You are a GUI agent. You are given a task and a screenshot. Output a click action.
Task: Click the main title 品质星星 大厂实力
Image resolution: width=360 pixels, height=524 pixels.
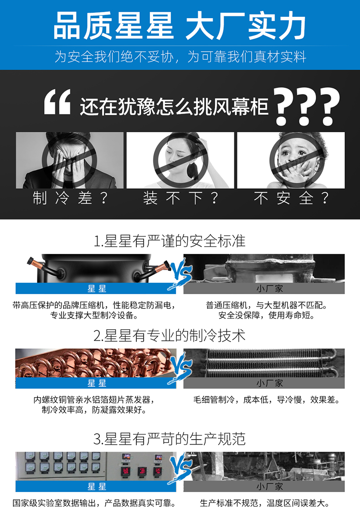[180, 26]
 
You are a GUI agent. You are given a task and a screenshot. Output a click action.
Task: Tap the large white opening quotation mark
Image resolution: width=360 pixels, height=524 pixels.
[57, 102]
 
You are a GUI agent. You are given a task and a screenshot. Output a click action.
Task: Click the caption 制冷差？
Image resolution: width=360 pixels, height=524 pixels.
[70, 198]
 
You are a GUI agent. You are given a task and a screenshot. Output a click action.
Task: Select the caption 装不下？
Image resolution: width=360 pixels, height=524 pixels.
[180, 198]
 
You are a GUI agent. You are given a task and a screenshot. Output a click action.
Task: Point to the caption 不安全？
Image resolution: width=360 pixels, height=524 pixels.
[291, 198]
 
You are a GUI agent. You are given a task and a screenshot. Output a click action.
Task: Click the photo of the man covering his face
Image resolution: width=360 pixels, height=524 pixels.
[69, 160]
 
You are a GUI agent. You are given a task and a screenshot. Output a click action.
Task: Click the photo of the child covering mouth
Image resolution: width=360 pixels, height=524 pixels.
[291, 160]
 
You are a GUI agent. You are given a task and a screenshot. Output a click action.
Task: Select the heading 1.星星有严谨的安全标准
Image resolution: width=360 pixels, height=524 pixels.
[170, 241]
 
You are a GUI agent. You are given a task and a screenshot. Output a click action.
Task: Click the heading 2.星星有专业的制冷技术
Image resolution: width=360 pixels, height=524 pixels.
[170, 336]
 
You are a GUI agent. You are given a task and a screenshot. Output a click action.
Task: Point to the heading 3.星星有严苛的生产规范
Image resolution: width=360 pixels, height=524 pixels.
[170, 439]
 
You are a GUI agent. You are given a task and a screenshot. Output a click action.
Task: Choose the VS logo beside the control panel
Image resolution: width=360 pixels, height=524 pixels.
[180, 468]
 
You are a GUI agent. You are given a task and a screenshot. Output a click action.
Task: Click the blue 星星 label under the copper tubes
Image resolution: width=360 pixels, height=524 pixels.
[96, 383]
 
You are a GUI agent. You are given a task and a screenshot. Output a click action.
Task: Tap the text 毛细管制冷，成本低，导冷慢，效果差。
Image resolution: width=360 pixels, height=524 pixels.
[266, 399]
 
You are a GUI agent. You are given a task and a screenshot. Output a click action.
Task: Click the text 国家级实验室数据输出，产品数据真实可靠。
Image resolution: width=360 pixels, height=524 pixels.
[94, 503]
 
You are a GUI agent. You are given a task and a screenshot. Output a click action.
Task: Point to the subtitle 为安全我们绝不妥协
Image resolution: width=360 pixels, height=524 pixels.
[114, 57]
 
